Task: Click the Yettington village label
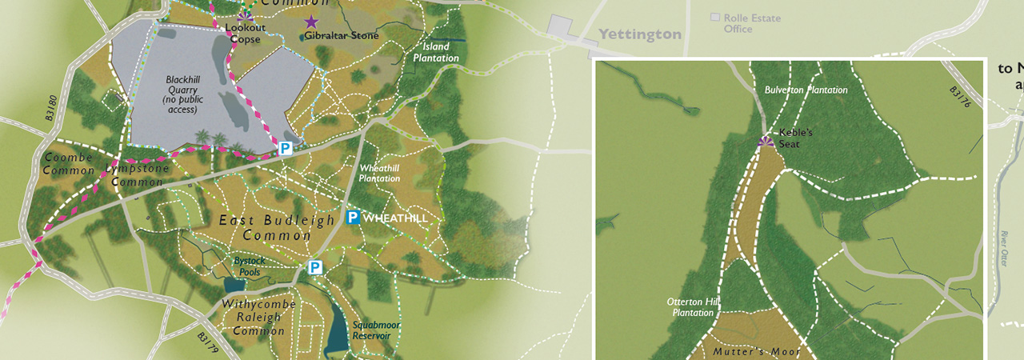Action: coord(640,34)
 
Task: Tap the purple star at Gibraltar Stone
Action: coord(311,22)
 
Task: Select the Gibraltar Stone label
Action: coord(342,36)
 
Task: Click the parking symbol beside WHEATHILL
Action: coord(353,218)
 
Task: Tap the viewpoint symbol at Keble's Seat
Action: coord(766,141)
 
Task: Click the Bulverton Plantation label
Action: coord(806,90)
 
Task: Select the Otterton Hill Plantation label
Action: coord(694,307)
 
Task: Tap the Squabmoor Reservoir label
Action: coord(376,330)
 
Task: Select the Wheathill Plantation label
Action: coord(379,173)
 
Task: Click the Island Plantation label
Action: coord(436,53)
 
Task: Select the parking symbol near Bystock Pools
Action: coord(315,267)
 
